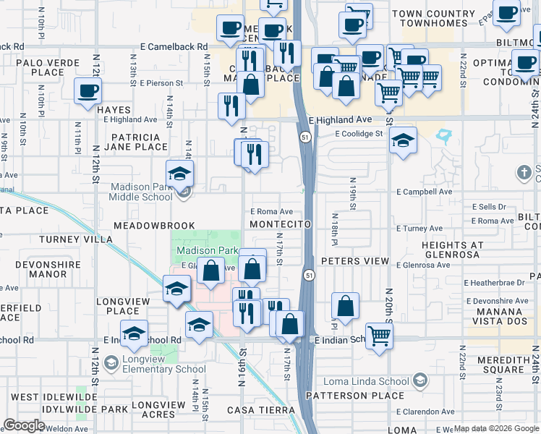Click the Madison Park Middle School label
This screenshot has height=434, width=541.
click(x=141, y=192)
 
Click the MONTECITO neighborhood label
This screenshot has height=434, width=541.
click(x=280, y=225)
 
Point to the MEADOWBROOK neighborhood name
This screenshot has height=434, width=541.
click(x=154, y=226)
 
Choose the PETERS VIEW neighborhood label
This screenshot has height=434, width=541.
click(x=355, y=260)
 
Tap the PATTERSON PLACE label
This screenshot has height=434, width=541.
click(x=354, y=396)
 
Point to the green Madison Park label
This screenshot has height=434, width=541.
click(x=208, y=250)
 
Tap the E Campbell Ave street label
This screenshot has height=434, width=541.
click(x=424, y=192)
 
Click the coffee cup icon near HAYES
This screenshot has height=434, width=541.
click(x=88, y=92)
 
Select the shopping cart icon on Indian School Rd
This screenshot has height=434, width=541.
click(x=379, y=335)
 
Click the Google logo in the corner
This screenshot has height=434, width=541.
click(x=24, y=425)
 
